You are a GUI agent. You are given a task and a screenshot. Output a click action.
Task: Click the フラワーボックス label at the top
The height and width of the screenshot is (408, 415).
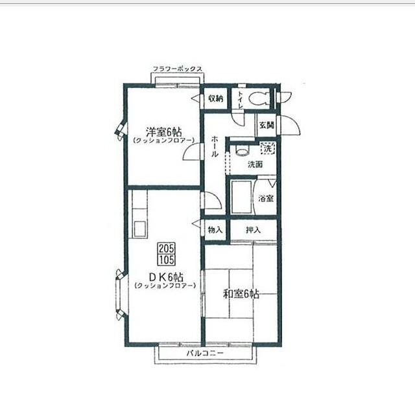tap(178, 69)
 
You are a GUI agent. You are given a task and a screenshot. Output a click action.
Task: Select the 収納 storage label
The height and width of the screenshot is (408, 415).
tap(215, 99)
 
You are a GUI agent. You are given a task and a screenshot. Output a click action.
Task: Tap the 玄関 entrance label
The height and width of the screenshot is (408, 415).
tap(266, 125)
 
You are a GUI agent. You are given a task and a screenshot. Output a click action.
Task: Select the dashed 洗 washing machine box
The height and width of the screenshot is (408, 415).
tap(267, 149)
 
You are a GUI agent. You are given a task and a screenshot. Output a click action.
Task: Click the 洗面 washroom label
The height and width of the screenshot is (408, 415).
tap(255, 164)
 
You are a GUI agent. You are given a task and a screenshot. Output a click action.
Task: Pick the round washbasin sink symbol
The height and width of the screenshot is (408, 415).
tap(241, 151)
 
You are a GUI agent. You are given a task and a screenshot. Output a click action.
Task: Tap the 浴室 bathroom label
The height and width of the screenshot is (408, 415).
tap(266, 198)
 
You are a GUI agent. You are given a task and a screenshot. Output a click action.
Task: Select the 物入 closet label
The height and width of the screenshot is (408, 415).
tap(215, 230)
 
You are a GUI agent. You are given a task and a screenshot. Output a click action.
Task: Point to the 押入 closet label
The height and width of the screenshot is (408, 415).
tap(254, 230)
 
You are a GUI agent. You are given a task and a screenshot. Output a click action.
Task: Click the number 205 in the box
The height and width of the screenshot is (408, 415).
tap(165, 248)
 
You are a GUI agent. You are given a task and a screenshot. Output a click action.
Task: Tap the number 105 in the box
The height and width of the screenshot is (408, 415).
tap(165, 259)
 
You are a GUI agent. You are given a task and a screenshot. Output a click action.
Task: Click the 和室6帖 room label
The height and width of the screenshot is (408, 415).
tap(241, 293)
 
